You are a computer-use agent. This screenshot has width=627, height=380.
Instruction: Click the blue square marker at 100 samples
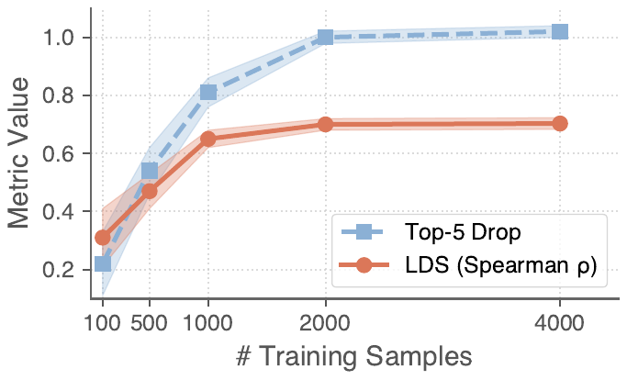point(103,264)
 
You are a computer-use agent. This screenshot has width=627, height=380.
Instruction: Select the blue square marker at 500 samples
point(150,171)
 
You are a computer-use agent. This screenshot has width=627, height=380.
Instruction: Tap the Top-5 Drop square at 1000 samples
point(208,92)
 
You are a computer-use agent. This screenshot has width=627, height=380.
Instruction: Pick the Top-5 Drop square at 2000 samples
point(325,38)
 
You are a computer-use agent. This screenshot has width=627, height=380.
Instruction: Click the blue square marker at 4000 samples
point(559,32)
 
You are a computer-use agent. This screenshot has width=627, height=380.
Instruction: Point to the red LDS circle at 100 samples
point(103,238)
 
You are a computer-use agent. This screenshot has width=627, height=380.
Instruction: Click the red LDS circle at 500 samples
point(150,192)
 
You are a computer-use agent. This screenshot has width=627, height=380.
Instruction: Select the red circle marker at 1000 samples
point(208,139)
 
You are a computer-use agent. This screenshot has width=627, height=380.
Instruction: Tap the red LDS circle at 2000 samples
point(325,124)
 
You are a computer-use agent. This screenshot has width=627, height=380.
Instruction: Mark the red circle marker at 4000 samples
point(559,124)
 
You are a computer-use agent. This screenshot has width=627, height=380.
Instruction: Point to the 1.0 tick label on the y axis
point(63,38)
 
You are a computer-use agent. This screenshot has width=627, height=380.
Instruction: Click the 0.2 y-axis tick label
point(63,270)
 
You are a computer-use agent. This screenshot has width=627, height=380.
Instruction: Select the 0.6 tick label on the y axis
point(63,154)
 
